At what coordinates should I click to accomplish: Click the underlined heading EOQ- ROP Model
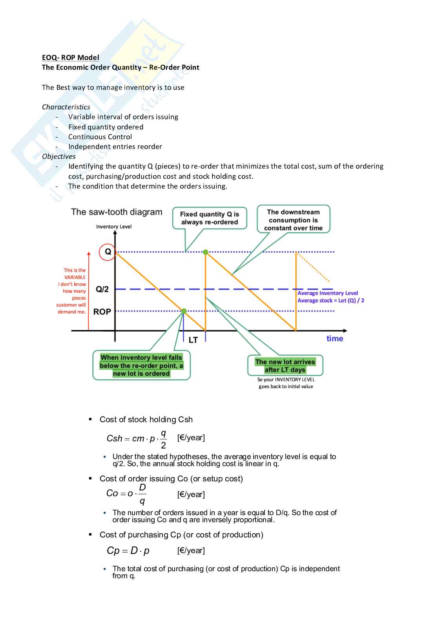click(71, 58)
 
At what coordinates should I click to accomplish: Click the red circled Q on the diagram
click(107, 252)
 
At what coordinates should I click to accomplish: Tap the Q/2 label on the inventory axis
click(102, 289)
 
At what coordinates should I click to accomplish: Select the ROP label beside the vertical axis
click(102, 312)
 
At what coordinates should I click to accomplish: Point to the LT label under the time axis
click(193, 340)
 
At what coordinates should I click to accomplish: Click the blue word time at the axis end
click(334, 339)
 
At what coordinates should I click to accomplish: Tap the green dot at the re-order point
click(184, 311)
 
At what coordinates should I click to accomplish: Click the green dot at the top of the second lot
click(206, 252)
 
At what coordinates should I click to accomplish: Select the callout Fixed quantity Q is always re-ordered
click(210, 218)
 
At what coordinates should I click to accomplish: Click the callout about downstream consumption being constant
click(293, 220)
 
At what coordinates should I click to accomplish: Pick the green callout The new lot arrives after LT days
click(285, 366)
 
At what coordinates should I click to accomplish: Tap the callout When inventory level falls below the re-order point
click(141, 365)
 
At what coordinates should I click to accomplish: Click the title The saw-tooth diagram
click(117, 212)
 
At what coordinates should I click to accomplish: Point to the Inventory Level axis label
click(114, 227)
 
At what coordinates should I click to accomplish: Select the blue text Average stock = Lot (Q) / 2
click(331, 301)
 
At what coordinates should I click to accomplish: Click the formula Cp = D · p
click(128, 551)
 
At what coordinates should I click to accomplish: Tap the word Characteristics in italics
click(66, 107)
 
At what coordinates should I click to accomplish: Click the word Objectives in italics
click(59, 156)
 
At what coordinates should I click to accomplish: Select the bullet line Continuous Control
click(100, 137)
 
